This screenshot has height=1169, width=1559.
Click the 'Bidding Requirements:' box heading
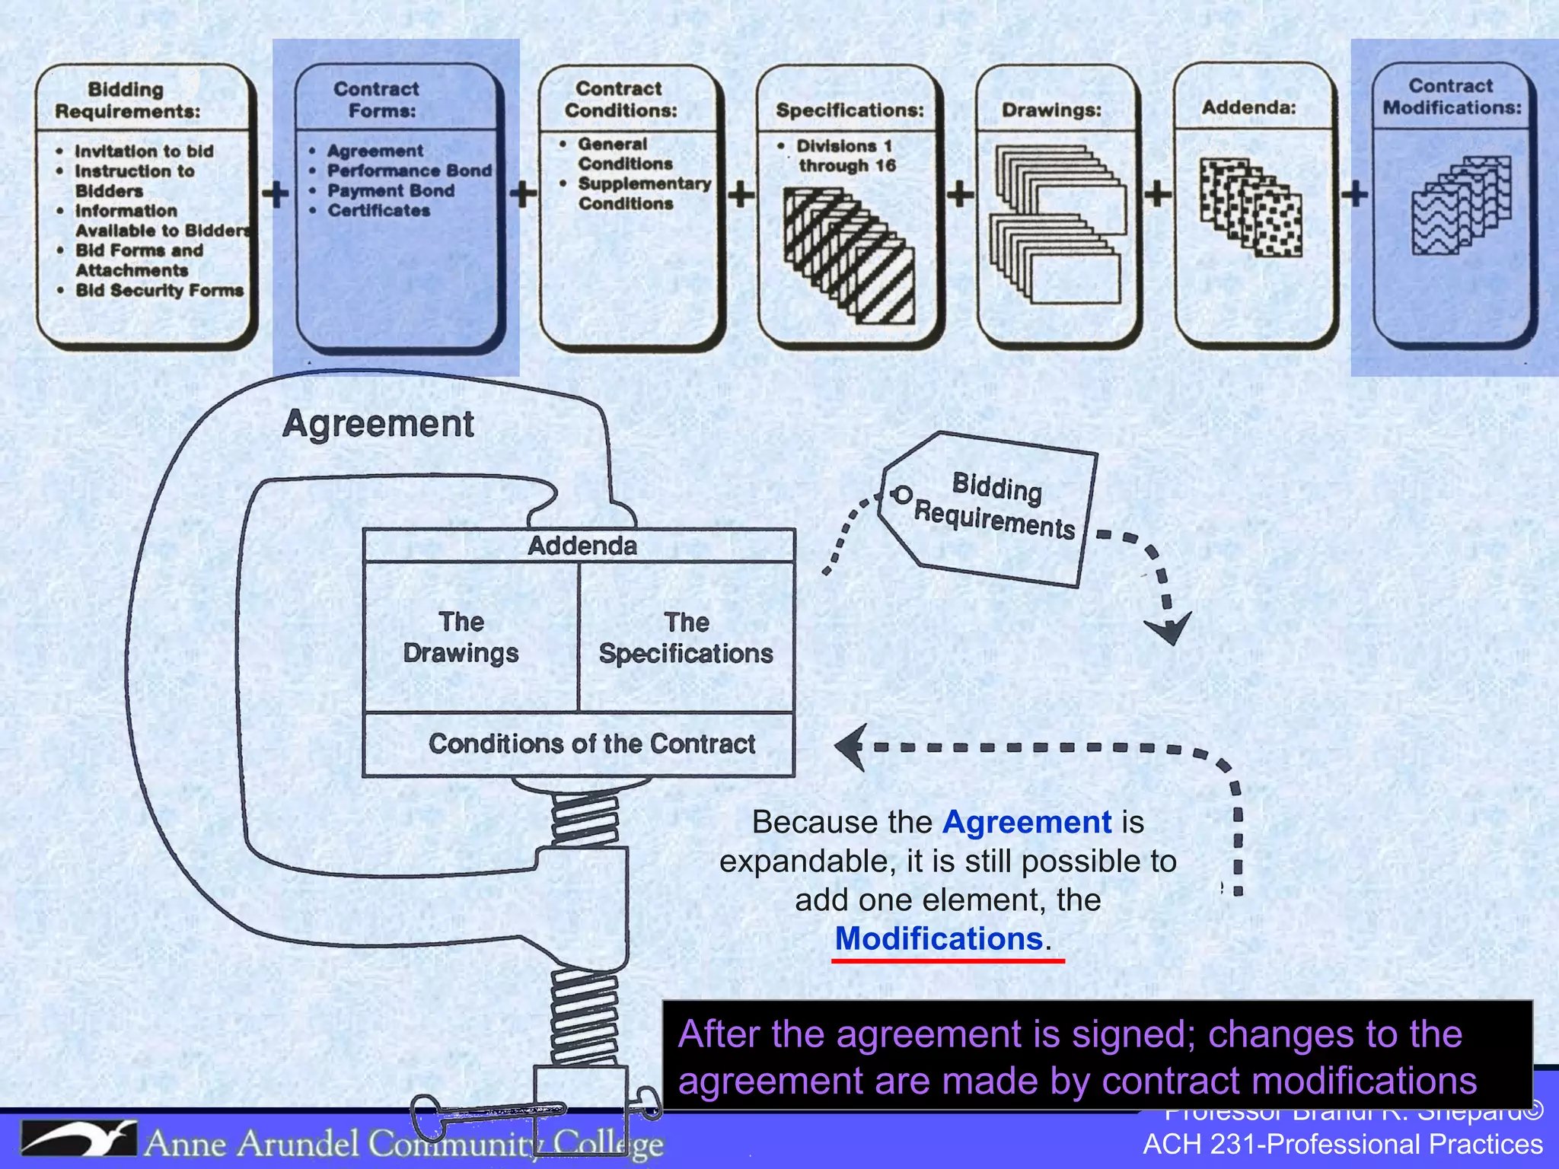(127, 100)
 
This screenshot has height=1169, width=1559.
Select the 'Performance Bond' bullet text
(409, 170)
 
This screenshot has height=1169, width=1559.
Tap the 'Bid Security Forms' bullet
(159, 290)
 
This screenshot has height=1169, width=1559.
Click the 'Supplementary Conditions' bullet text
(643, 193)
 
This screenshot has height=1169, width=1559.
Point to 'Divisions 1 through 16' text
(845, 155)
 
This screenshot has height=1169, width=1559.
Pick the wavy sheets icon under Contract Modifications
(1461, 205)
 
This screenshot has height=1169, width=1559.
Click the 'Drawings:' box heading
(1051, 110)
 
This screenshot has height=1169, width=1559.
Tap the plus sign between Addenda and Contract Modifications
(1354, 193)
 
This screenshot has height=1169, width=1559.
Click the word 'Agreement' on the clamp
(378, 423)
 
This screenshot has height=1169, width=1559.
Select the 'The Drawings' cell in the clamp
(461, 638)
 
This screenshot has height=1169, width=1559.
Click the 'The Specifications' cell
(686, 638)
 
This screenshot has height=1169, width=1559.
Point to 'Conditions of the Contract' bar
(591, 744)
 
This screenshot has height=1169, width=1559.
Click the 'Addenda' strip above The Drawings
(582, 546)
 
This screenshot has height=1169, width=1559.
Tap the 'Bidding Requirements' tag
(993, 507)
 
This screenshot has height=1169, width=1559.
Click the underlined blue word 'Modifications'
(939, 938)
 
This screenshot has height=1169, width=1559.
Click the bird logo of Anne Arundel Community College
(78, 1139)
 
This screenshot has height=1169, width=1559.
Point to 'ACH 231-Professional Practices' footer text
(1343, 1145)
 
